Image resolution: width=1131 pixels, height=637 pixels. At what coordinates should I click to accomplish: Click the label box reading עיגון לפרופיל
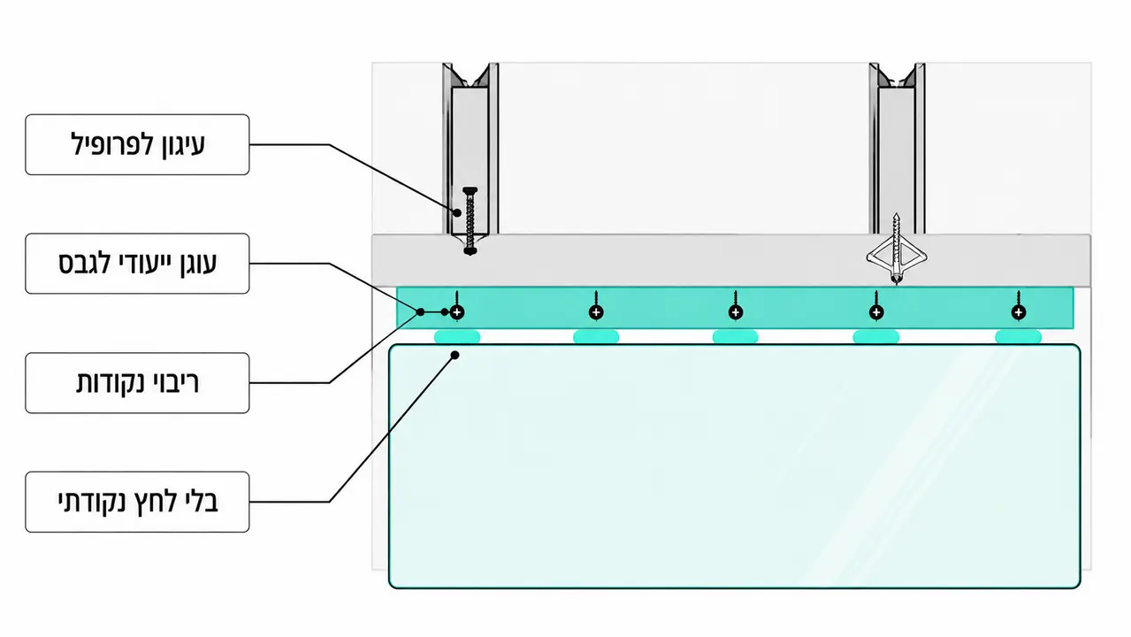point(137,144)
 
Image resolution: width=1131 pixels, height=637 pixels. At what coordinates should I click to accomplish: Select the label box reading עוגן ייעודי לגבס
point(137,263)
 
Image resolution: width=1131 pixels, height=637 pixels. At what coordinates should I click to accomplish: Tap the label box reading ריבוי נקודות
point(137,383)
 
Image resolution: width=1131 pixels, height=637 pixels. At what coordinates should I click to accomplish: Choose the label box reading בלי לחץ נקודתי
point(137,502)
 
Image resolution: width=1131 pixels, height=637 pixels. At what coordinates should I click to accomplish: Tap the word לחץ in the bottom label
point(153,503)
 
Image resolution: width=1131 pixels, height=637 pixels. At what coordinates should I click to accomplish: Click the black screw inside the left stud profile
point(470,221)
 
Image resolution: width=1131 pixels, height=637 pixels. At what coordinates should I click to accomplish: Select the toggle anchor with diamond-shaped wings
point(896,251)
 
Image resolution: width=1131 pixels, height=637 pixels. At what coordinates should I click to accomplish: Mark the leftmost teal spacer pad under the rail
point(457,336)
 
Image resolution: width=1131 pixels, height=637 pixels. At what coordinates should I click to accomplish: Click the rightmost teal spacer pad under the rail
point(1019,336)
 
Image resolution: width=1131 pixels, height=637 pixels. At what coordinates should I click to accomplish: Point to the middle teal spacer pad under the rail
point(735,336)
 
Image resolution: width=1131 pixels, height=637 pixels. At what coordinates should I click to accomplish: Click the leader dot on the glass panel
point(455,355)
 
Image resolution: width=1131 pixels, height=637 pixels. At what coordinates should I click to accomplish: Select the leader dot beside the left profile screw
point(457,212)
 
